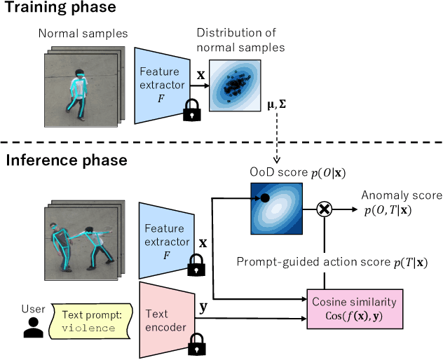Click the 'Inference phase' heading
(66, 160)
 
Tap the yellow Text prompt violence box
(93, 320)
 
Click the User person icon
(30, 323)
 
